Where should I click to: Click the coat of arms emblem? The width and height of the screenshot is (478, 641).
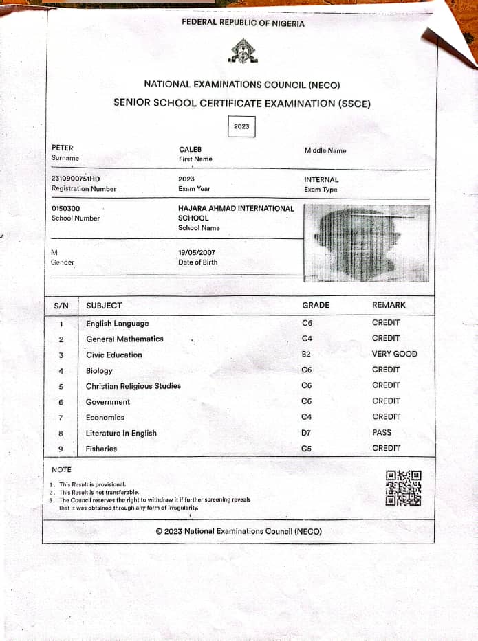pos(241,50)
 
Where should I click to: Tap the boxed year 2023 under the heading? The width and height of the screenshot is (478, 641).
pos(241,126)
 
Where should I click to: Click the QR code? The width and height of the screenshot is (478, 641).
pos(403,488)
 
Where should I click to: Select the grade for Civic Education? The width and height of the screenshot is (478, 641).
pos(307,355)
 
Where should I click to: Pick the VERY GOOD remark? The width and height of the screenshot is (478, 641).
pos(394,354)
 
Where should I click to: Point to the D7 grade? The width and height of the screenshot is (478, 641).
pos(307,433)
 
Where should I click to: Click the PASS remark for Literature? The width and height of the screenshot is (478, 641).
pos(382,432)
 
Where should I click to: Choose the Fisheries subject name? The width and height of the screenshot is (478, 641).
pos(101,449)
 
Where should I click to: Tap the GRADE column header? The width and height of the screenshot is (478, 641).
pos(316,305)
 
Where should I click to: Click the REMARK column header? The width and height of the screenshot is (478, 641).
pos(389,305)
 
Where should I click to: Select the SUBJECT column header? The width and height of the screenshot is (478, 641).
pos(104,306)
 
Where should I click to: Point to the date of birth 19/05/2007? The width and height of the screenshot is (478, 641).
pos(197,253)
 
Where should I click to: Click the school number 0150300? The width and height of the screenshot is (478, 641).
pos(66,208)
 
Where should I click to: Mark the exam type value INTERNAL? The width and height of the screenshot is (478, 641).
pos(321,180)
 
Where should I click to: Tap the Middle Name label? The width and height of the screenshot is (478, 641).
pos(325,150)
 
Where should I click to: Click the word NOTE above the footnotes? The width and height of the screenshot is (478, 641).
pos(61,470)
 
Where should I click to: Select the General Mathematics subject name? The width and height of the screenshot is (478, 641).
pos(124,339)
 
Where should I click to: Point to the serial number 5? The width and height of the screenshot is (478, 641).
pos(61,387)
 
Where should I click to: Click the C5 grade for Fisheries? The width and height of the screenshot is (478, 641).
pos(307,449)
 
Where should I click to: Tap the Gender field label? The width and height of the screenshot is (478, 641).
pos(63,262)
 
